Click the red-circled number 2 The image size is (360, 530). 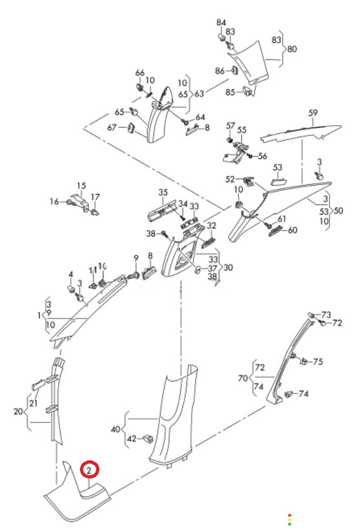pyautogui.click(x=89, y=470)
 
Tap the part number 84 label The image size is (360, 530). pyautogui.click(x=221, y=23)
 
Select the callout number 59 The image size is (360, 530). pyautogui.click(x=313, y=113)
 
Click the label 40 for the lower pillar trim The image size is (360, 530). pyautogui.click(x=115, y=429)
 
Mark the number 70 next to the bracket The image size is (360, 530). pyautogui.click(x=243, y=378)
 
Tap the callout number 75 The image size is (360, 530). pyautogui.click(x=317, y=362)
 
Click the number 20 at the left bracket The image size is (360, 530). pyautogui.click(x=18, y=411)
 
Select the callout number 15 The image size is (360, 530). pyautogui.click(x=81, y=186)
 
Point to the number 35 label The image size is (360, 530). pyautogui.click(x=163, y=192)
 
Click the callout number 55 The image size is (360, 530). pyautogui.click(x=241, y=130)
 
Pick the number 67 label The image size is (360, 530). pyautogui.click(x=112, y=128)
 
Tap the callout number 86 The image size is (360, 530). pyautogui.click(x=220, y=71)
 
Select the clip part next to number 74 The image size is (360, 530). pyautogui.click(x=289, y=394)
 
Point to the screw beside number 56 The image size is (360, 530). pyautogui.click(x=250, y=156)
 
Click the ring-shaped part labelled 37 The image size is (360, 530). pyautogui.click(x=197, y=270)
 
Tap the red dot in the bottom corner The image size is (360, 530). pyautogui.click(x=289, y=515)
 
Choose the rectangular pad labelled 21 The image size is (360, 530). pyautogui.click(x=38, y=384)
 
